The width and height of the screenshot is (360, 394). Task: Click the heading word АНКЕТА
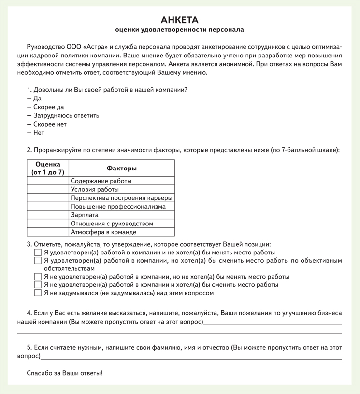pos(180,20)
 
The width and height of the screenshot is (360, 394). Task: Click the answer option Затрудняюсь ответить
pos(66,115)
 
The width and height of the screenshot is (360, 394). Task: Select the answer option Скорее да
pos(48,107)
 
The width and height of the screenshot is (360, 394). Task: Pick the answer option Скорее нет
pos(50,124)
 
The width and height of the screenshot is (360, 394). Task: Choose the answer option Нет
pos(39,133)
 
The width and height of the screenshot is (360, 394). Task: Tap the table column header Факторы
pos(121,169)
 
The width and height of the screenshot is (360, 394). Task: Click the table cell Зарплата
pos(85,215)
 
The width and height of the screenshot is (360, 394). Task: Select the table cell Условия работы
pos(95,189)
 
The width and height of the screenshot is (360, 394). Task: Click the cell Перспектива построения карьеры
pos(121,198)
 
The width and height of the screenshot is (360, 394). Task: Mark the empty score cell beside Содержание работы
pos(48,181)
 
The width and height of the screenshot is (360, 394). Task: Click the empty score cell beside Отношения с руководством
pos(48,224)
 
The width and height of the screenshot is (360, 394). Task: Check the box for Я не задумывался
pos(38,293)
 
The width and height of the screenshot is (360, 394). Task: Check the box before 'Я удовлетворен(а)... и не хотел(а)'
pos(38,252)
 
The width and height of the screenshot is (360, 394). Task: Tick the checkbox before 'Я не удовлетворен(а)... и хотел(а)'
pos(38,285)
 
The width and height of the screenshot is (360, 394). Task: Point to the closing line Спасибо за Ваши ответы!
pos(65,373)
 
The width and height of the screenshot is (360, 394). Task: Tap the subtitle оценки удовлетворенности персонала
pos(180,30)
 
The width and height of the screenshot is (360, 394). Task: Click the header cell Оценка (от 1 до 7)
pos(48,169)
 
